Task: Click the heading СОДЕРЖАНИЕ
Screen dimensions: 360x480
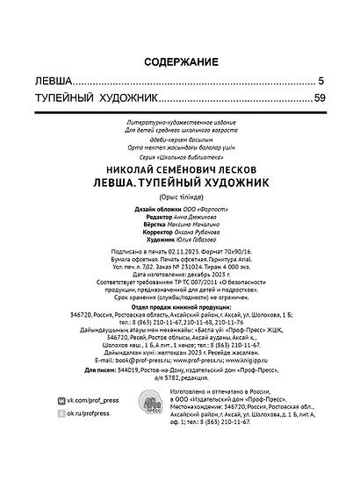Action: pyautogui.click(x=180, y=62)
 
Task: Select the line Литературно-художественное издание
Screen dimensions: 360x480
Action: pyautogui.click(x=180, y=116)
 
